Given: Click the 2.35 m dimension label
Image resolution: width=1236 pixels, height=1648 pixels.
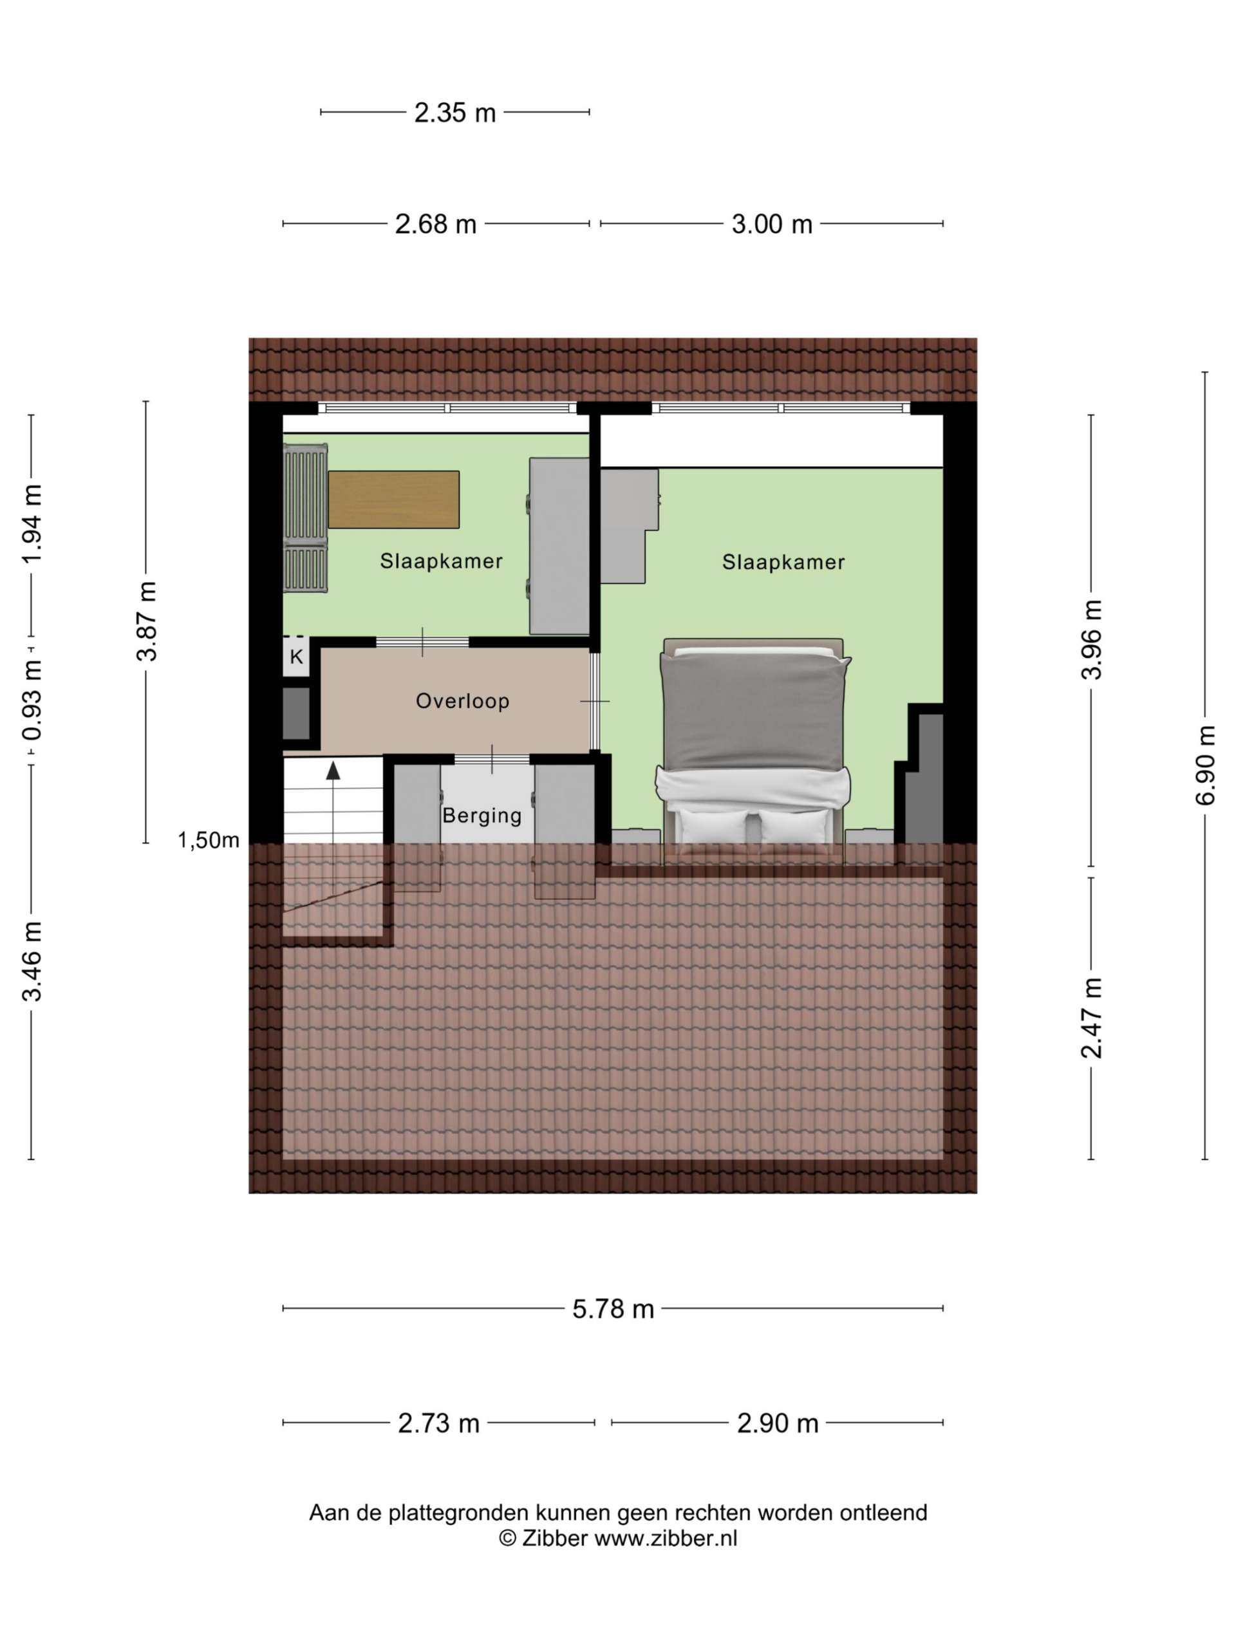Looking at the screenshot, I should pos(454,113).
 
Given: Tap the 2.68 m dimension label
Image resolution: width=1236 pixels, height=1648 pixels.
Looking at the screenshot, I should pos(435,224).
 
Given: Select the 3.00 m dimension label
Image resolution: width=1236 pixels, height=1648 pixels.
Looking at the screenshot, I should pos(771,224).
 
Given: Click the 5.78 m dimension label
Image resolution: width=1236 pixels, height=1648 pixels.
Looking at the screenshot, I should pos(612,1309).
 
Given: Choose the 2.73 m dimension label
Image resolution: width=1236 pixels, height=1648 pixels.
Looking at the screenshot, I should pos(438,1424).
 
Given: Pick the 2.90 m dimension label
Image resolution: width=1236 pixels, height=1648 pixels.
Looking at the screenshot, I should pos(777,1424).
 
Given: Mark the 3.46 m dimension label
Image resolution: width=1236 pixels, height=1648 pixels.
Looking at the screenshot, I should pos(32,960).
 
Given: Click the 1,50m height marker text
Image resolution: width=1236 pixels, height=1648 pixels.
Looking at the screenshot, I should pos(208,840).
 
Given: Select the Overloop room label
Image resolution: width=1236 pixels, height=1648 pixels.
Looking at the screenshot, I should pos(462,701).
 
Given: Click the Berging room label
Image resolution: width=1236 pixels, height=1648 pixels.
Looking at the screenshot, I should pos(482,815).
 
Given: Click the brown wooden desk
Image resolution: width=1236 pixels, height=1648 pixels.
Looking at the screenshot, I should pos(393,499).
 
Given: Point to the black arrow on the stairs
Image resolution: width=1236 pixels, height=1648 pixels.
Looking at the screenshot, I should pos(333,771).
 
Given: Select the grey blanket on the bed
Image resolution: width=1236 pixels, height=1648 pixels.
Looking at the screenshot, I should pos(754,711).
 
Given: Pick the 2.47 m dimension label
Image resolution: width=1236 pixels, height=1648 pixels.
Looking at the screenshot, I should pos(1091,1018).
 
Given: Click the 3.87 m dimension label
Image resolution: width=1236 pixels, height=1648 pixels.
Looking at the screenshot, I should pos(147,621).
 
